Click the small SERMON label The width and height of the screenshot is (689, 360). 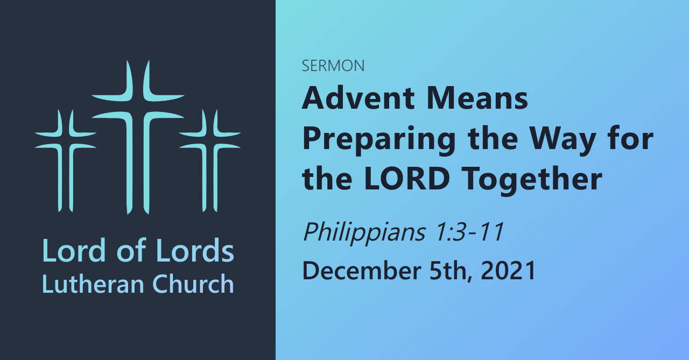pyautogui.click(x=333, y=66)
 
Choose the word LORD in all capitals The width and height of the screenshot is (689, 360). pyautogui.click(x=407, y=179)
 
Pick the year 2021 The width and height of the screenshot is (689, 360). pyautogui.click(x=508, y=270)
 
